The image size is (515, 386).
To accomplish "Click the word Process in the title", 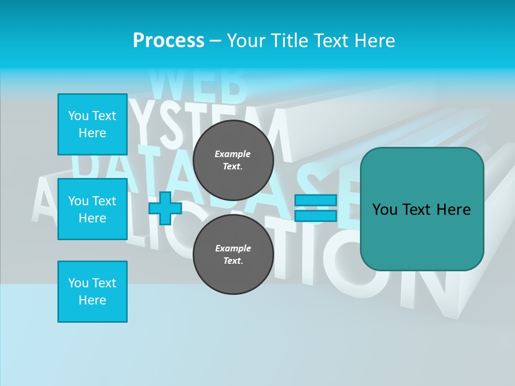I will (x=168, y=41).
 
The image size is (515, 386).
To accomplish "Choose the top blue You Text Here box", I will (x=92, y=124).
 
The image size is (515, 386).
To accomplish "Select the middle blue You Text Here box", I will (x=92, y=209).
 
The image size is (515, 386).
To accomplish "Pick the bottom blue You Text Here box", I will (x=92, y=292).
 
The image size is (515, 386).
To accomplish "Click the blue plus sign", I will (x=165, y=208).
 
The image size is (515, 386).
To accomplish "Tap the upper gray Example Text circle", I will (x=233, y=160).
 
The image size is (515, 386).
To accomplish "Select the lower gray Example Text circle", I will (x=233, y=254).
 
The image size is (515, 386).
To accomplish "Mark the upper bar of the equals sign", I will (x=315, y=201).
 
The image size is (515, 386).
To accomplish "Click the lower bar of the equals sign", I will (x=315, y=216).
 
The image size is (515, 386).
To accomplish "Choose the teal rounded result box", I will (x=422, y=209).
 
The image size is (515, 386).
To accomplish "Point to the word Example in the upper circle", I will (x=233, y=154).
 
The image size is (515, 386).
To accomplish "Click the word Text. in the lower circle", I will (x=233, y=261).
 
